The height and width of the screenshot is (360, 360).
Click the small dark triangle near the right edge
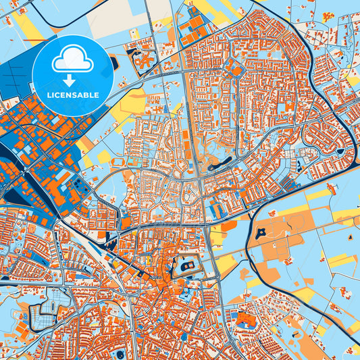point(351,240)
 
